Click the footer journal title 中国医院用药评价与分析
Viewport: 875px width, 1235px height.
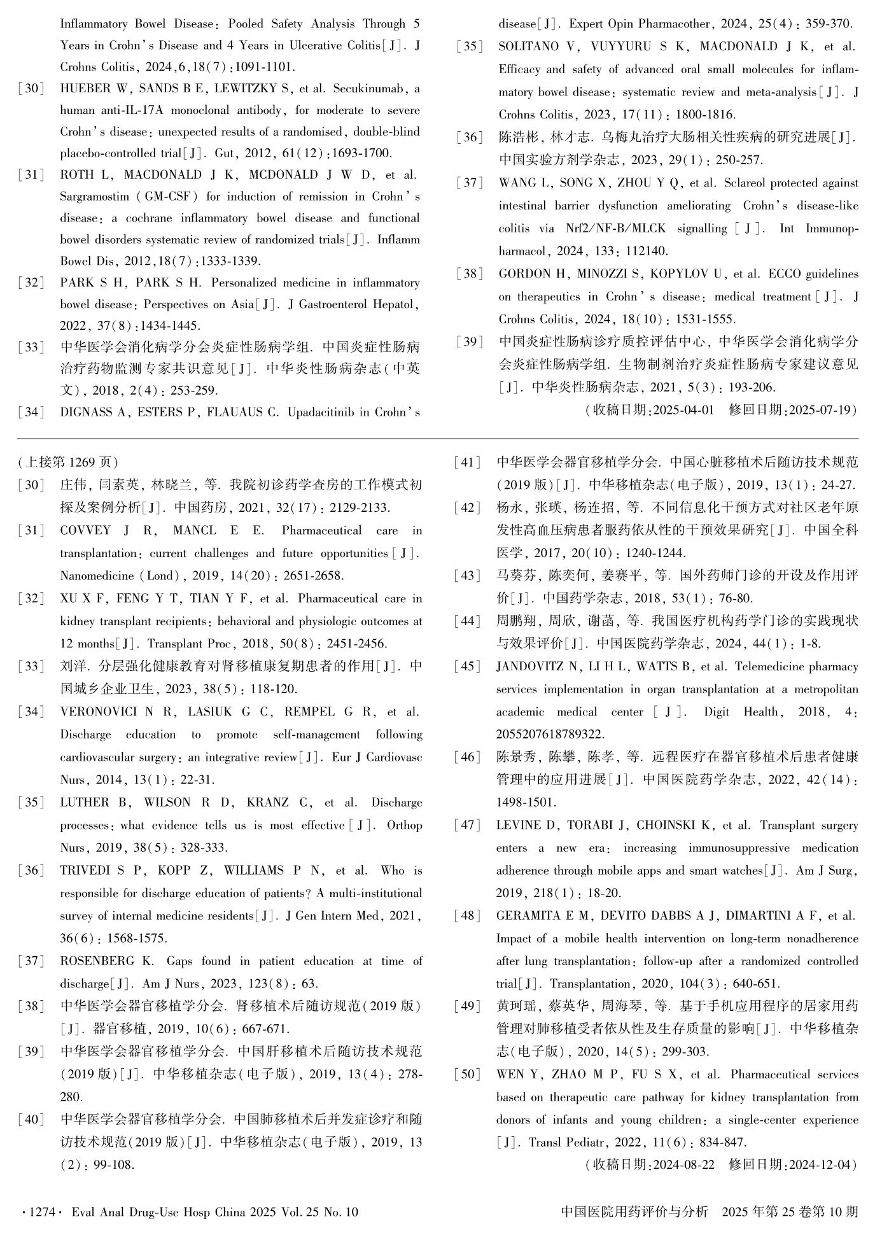(634, 1212)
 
